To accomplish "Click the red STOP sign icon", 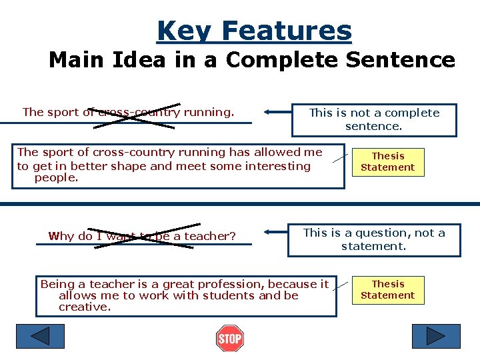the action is [x=230, y=339].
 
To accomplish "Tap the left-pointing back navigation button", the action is [x=40, y=336].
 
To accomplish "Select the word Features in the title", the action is [x=287, y=31].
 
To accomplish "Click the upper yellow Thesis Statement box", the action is [x=388, y=161].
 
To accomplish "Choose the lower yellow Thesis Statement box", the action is [x=388, y=289].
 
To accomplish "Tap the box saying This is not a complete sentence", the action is [x=374, y=119].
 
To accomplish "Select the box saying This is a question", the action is [x=374, y=239].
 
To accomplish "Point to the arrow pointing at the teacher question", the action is [x=276, y=233].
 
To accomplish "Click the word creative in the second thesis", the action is [x=85, y=307].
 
